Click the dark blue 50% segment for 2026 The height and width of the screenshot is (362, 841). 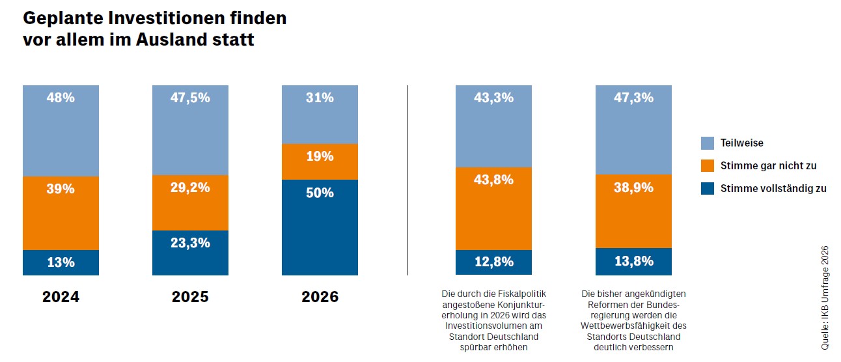coord(320,227)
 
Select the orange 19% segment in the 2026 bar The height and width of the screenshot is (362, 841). coord(320,161)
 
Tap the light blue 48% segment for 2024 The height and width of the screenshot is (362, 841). coord(61,131)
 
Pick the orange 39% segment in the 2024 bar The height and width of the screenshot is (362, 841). coord(61,214)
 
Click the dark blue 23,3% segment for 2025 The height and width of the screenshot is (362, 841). coord(190,253)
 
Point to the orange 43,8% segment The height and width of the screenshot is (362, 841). coord(493,208)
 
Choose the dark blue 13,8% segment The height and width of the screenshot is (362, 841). coord(634,262)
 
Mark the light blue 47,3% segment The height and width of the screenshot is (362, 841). coord(634,130)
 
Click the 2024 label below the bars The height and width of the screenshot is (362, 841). coord(61,297)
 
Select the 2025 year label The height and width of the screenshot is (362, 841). coord(190,297)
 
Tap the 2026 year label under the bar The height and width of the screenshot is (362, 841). coord(320,297)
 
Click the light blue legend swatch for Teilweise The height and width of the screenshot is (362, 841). coord(708,143)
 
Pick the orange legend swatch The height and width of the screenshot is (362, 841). coord(708,165)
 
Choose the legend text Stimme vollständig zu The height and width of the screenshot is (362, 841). coord(773,189)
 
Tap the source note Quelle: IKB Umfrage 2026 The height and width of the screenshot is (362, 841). coord(825,298)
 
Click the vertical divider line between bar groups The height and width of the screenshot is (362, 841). coord(407,180)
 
